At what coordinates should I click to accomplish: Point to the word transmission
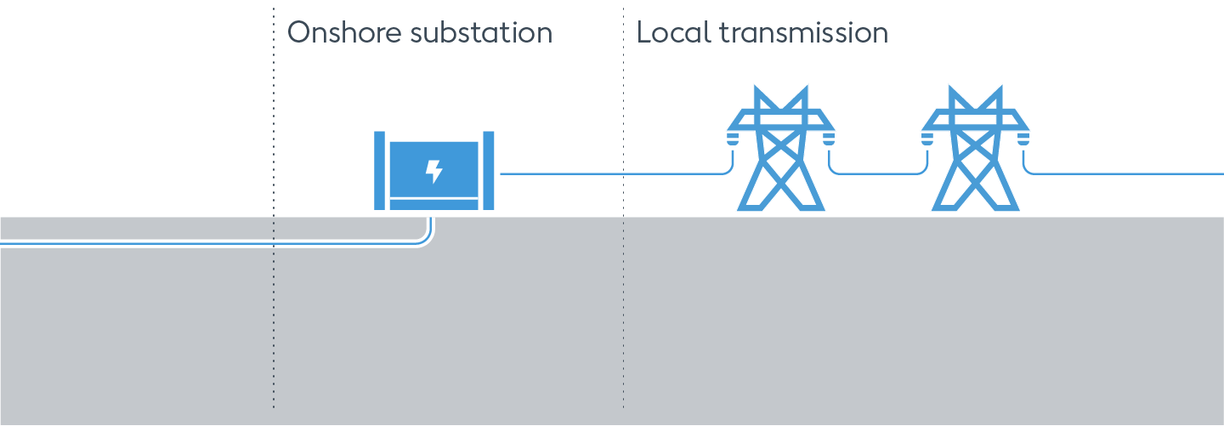click(803, 33)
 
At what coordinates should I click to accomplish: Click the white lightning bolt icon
click(433, 171)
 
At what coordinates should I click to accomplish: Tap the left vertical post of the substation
click(380, 170)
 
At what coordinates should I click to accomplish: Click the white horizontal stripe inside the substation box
click(433, 198)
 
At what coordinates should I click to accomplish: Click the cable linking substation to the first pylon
click(612, 173)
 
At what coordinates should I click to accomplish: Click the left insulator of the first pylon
click(731, 137)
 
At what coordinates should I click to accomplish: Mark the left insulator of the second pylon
click(926, 137)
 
